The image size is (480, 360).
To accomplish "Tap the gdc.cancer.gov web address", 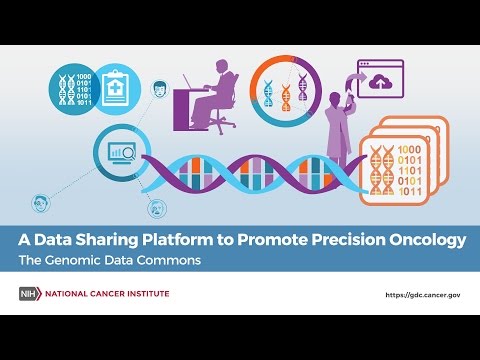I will click(x=423, y=295).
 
